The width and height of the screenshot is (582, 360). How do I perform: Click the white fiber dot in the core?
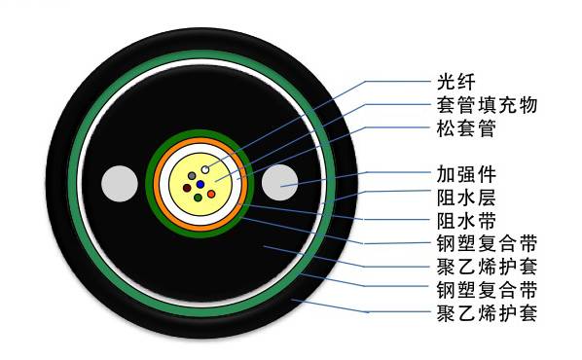pyautogui.click(x=205, y=171)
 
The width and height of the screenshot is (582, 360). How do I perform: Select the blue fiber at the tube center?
pyautogui.click(x=200, y=182)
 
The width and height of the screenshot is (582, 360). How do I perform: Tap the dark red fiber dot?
pyautogui.click(x=187, y=187)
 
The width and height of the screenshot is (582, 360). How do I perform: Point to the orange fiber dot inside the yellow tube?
pyautogui.click(x=212, y=195)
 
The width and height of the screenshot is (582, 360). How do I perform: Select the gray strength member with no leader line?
pyautogui.click(x=120, y=183)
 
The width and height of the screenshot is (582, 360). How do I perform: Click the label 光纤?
pyautogui.click(x=443, y=81)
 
